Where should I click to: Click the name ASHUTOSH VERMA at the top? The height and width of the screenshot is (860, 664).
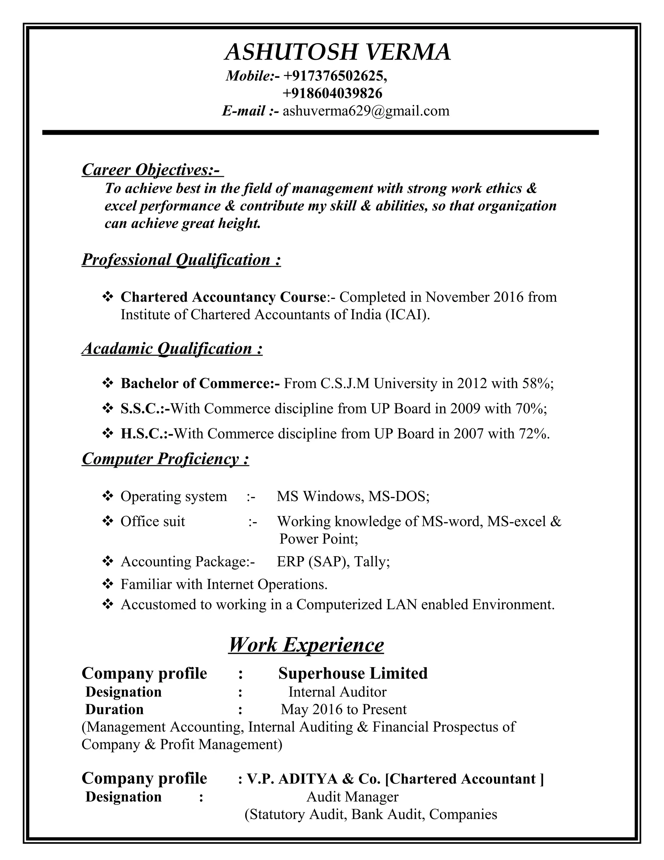point(338,52)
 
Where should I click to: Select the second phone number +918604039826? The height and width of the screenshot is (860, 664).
point(332,93)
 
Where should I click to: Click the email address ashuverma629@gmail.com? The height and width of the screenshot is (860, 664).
point(366,111)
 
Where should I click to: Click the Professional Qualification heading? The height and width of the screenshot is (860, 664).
point(181,260)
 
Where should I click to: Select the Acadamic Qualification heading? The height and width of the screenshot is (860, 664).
point(172,349)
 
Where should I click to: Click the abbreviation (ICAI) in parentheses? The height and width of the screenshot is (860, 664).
point(408,314)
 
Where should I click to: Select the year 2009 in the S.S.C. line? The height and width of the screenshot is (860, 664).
point(465,409)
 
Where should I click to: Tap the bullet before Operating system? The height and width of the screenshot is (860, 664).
point(107,496)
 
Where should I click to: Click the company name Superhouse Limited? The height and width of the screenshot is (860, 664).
point(353,673)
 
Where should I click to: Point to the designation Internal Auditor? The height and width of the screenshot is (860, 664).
point(337,692)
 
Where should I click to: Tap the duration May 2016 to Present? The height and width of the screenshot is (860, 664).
point(343,709)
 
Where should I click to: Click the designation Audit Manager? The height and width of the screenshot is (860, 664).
point(352,797)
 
